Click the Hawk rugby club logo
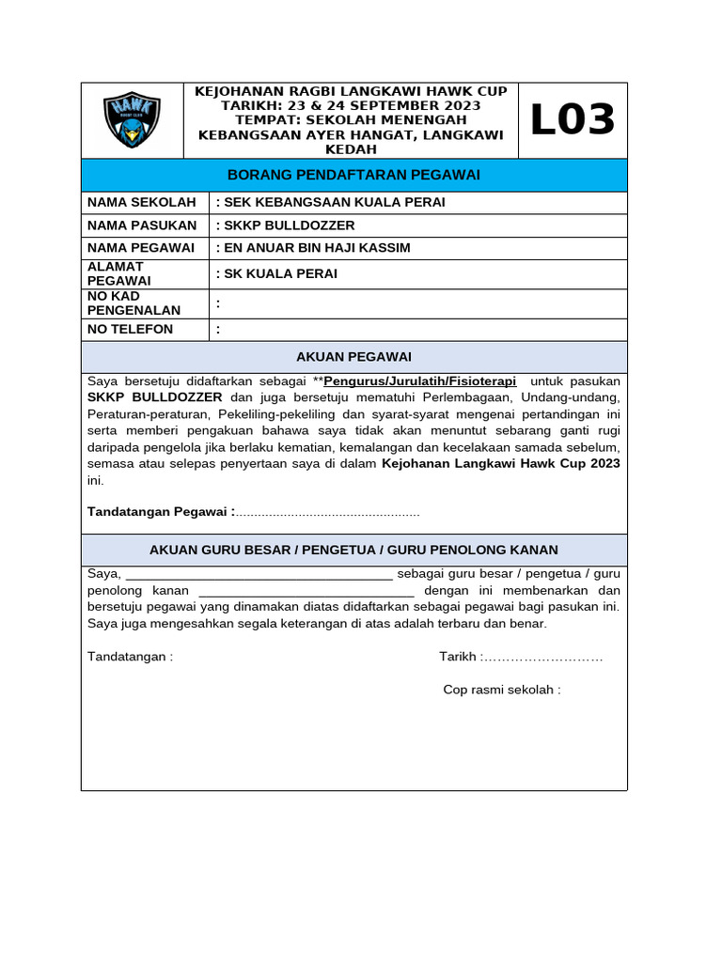(x=132, y=120)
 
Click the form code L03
(x=573, y=120)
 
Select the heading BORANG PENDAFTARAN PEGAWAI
(x=354, y=175)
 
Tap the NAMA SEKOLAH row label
(x=142, y=202)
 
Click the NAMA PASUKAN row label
(x=142, y=225)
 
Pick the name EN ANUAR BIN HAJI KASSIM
(x=313, y=248)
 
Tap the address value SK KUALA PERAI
(x=276, y=274)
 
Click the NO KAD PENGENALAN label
(x=133, y=303)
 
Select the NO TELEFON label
(x=131, y=329)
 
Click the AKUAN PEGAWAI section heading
(x=353, y=357)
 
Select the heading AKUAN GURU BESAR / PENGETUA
(x=353, y=550)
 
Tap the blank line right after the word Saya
(x=259, y=574)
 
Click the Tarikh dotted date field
(x=543, y=657)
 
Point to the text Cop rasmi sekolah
(x=501, y=690)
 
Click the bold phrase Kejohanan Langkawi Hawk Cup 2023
(x=500, y=464)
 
